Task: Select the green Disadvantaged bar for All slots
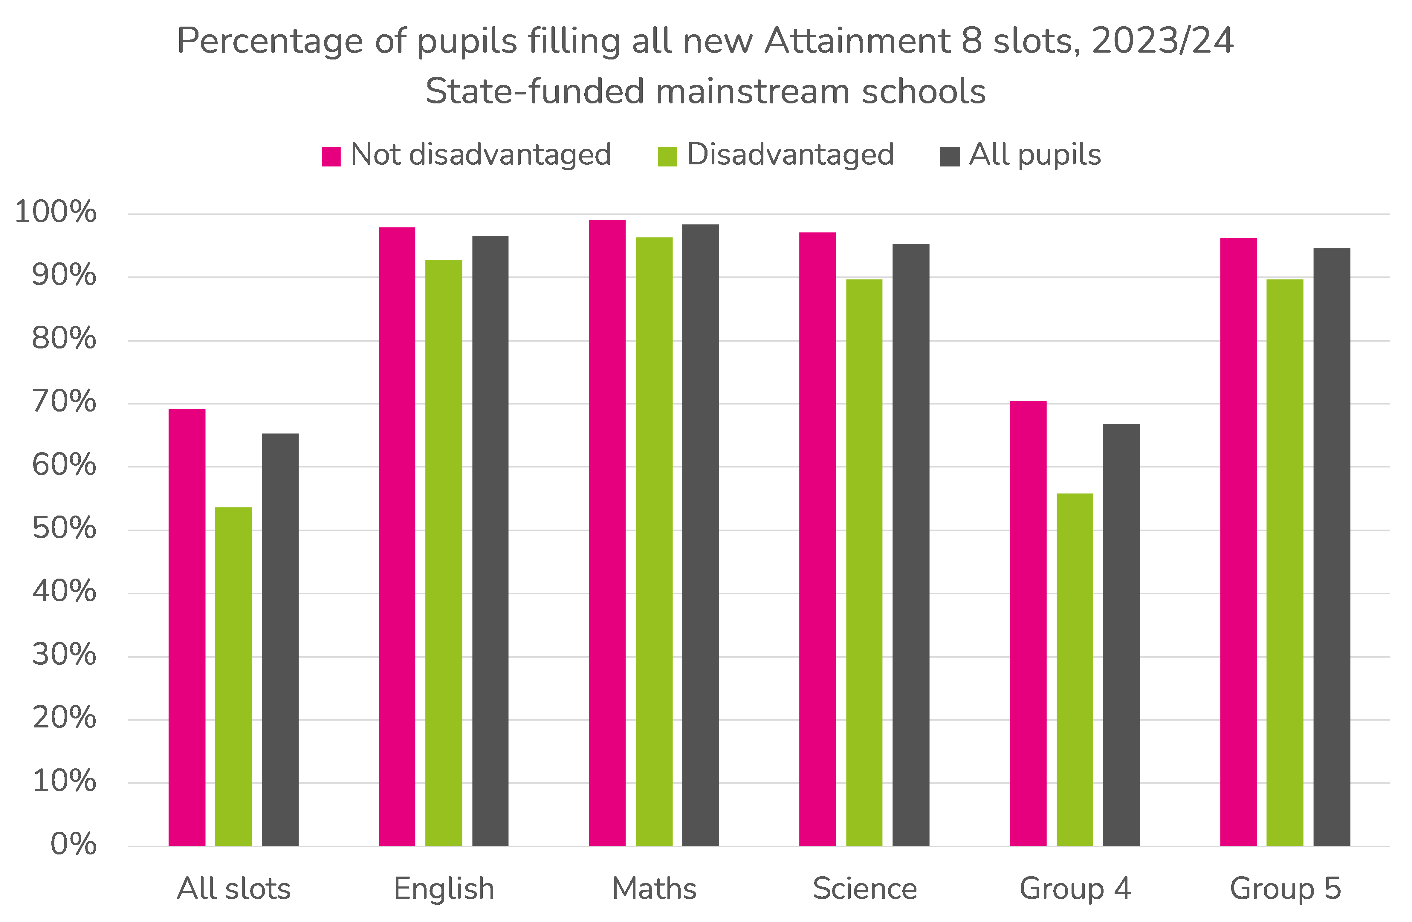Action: (233, 676)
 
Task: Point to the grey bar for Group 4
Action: (1121, 635)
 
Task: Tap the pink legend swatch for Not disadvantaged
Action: (331, 157)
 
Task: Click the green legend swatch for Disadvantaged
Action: (667, 157)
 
